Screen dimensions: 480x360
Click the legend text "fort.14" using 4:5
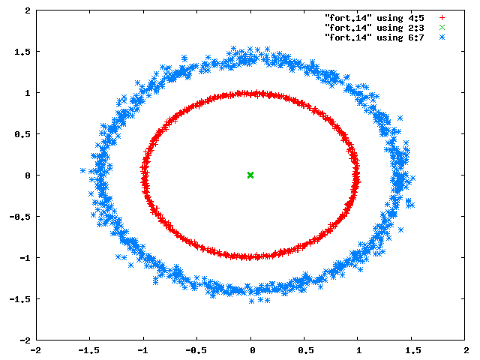click(x=374, y=18)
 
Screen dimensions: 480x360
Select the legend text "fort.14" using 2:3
click(x=374, y=28)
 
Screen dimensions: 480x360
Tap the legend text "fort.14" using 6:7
click(x=374, y=37)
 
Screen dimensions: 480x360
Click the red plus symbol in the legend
click(x=442, y=18)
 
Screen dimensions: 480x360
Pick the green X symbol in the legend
click(x=442, y=28)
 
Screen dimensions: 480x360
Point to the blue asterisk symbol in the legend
click(x=442, y=37)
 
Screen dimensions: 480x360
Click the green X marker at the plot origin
click(x=250, y=175)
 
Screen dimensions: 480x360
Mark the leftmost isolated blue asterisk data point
click(x=82, y=170)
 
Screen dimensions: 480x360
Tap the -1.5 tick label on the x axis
click(x=88, y=350)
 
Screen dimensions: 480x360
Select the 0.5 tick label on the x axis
click(x=306, y=350)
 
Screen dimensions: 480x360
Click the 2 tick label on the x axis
click(x=466, y=350)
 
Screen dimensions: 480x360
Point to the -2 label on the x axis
click(x=36, y=350)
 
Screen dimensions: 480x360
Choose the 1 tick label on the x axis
click(x=358, y=350)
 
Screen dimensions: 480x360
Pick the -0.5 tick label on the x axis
click(x=196, y=350)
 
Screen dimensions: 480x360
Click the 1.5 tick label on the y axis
click(x=22, y=52)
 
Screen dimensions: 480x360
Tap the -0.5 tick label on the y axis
click(x=20, y=217)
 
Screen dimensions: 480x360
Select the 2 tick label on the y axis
click(x=28, y=10)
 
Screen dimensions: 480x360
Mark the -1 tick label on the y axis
click(x=25, y=258)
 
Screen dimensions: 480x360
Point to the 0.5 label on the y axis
click(x=22, y=134)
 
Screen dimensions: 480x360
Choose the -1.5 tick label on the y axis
click(x=20, y=299)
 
